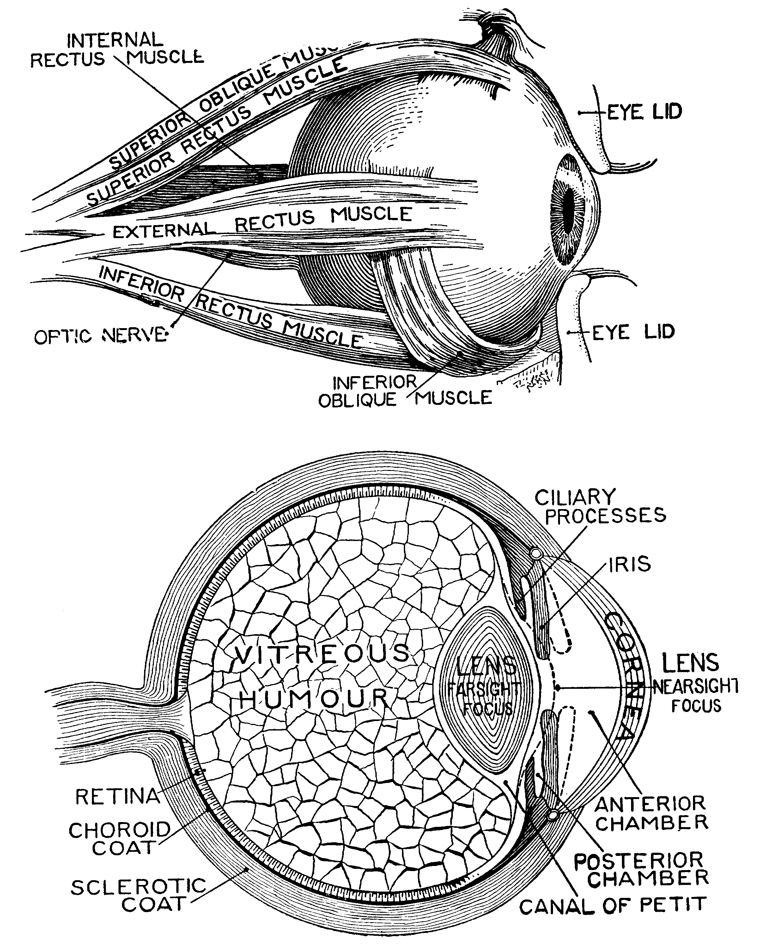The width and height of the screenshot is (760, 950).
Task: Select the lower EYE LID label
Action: pos(633,332)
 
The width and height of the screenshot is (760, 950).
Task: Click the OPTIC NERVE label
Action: pos(101,337)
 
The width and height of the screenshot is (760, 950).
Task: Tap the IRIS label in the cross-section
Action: pos(629,564)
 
